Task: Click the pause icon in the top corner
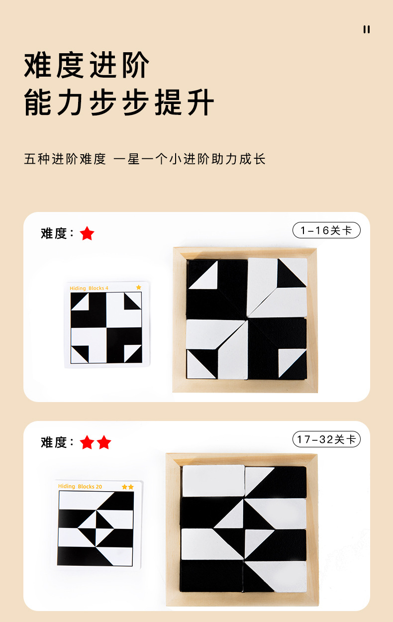366,29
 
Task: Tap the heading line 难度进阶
87,65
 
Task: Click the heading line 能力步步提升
119,102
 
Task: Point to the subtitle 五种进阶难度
65,159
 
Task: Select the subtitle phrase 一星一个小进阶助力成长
190,159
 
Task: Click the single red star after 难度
87,233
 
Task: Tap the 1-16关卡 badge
326,230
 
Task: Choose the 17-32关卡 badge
326,439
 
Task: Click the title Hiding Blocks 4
89,288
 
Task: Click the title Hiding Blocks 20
80,487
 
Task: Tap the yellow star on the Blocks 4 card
139,288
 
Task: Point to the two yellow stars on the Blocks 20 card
128,487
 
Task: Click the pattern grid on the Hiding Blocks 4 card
106,327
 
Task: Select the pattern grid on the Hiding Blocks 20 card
96,528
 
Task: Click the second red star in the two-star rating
104,442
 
